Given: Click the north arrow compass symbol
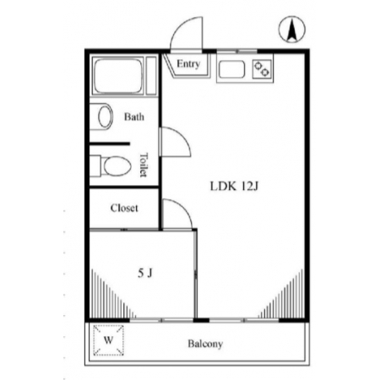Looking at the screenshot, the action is pyautogui.click(x=292, y=30).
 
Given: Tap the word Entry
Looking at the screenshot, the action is pyautogui.click(x=188, y=64).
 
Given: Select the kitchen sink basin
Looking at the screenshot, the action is pyautogui.click(x=231, y=69).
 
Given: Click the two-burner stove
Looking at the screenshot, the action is pyautogui.click(x=262, y=69).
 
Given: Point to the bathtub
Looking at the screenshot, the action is pyautogui.click(x=118, y=76).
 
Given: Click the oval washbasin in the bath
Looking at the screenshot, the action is pyautogui.click(x=105, y=117).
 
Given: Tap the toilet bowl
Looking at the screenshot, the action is pyautogui.click(x=117, y=166).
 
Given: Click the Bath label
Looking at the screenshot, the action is pyautogui.click(x=134, y=117).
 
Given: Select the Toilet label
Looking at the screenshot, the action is pyautogui.click(x=144, y=165).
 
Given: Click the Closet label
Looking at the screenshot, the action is pyautogui.click(x=124, y=208).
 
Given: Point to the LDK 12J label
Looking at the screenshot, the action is pyautogui.click(x=234, y=186).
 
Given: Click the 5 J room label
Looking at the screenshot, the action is pyautogui.click(x=145, y=273).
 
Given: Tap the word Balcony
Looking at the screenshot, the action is pyautogui.click(x=205, y=344).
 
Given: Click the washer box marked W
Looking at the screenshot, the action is pyautogui.click(x=108, y=340).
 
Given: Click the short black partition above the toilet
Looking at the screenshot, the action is pyautogui.click(x=110, y=144).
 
